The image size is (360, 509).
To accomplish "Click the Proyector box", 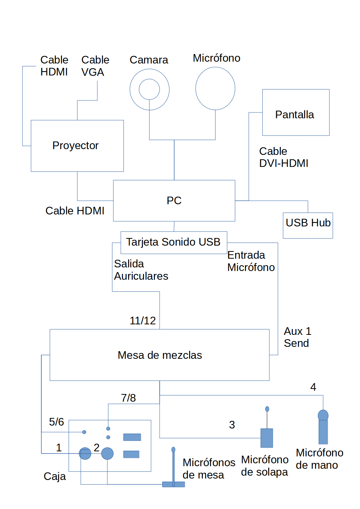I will [x=77, y=146].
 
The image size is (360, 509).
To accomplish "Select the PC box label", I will [x=174, y=201].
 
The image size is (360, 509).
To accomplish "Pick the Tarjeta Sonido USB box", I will [x=174, y=242].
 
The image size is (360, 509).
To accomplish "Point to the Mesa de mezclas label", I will [x=160, y=355].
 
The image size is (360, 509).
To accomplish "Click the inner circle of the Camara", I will [x=150, y=89].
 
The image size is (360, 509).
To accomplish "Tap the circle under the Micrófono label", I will [x=215, y=89].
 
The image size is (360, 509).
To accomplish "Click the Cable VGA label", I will [x=95, y=66].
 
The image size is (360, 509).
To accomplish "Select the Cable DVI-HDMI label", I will [x=283, y=157].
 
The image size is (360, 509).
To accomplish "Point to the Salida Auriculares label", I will [x=141, y=270].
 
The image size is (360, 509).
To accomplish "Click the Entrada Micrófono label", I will [x=251, y=261].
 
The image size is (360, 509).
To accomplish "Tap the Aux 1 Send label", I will [x=297, y=337].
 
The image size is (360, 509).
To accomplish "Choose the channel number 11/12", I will [x=143, y=321].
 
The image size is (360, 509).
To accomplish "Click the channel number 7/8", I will [x=128, y=398].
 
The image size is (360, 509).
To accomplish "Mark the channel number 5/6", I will [x=56, y=422].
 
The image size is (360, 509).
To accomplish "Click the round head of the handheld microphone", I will [x=323, y=415].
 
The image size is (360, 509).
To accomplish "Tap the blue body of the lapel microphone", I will [x=267, y=438].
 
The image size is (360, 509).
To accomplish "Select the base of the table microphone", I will [x=173, y=484].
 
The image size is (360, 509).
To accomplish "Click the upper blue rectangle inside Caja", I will [x=132, y=437].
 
